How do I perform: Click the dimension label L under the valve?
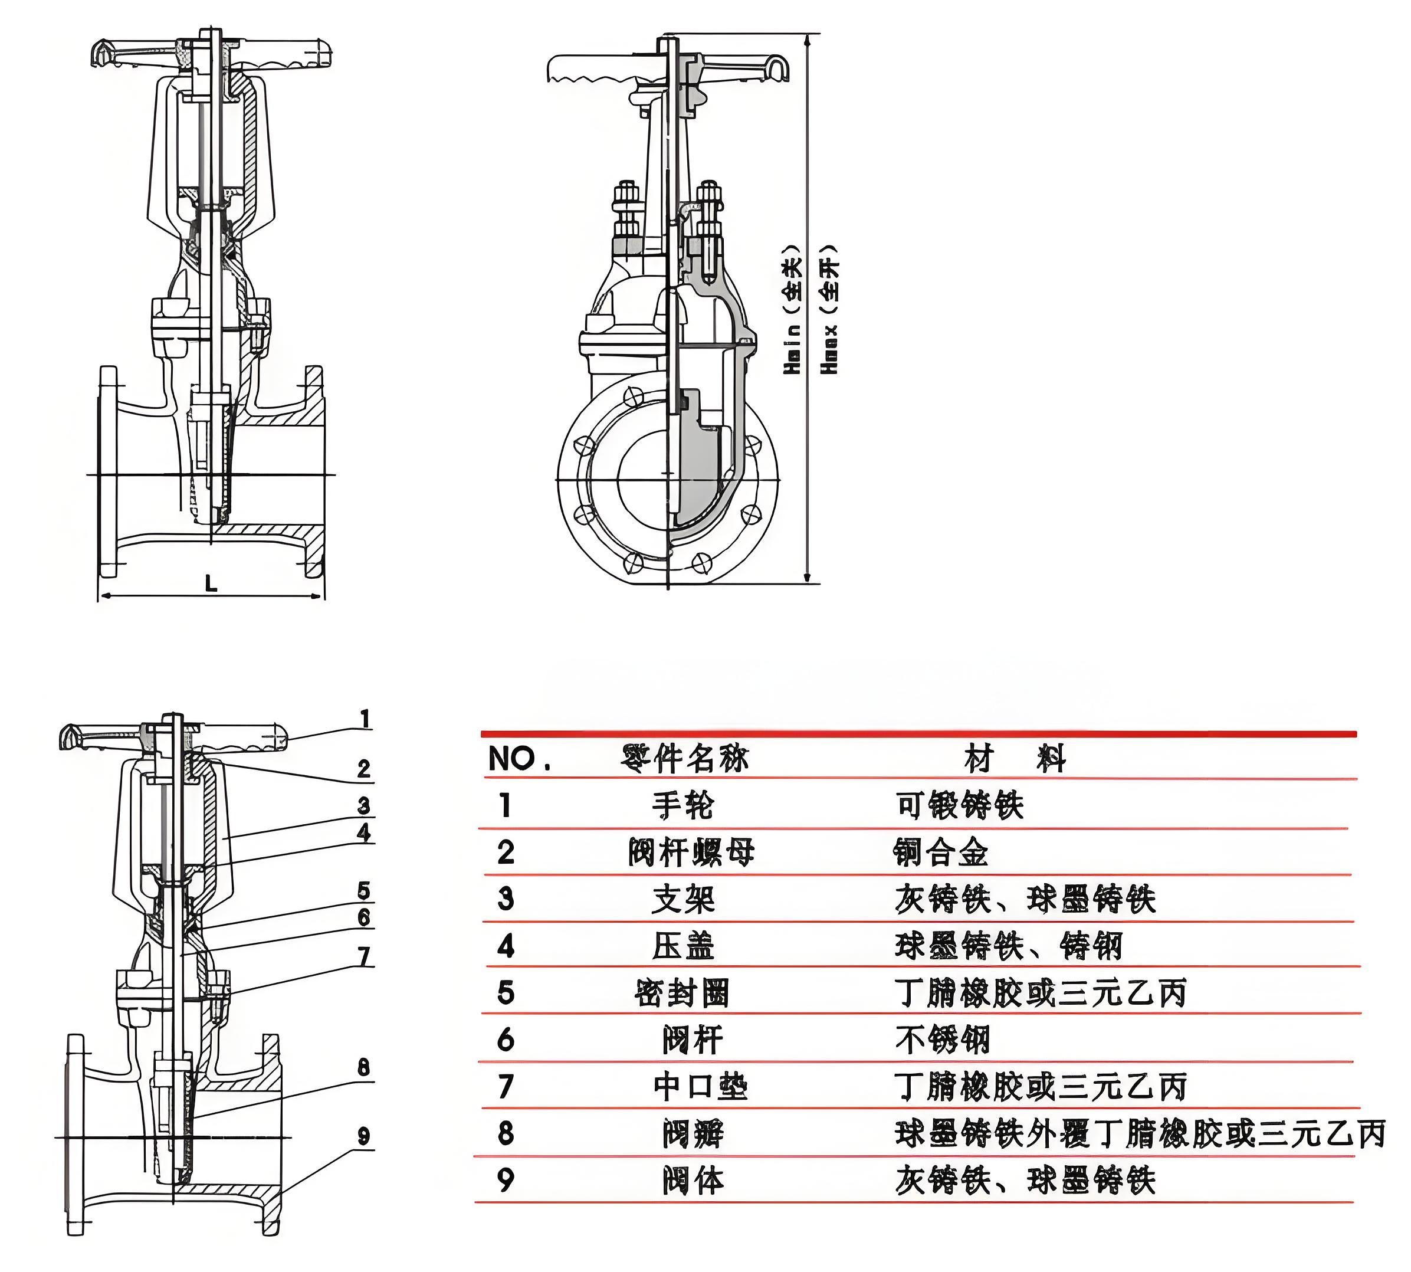click(211, 583)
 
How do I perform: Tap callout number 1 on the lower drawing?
click(364, 719)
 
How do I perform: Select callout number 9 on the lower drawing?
click(363, 1136)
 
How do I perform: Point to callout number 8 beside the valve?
click(363, 1067)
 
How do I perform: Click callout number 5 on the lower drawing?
click(363, 890)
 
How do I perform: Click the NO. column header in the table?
click(519, 758)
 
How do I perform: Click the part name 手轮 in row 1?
click(682, 805)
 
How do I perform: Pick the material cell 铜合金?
click(941, 853)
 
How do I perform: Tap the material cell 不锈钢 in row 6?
click(942, 1040)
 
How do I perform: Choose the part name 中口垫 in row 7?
click(700, 1087)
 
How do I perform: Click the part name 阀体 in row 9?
click(693, 1181)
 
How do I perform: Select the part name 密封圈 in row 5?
click(682, 993)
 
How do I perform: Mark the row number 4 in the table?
click(506, 946)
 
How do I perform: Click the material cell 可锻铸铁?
click(959, 805)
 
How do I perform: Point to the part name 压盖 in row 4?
click(682, 946)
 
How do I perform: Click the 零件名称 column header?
click(684, 758)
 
